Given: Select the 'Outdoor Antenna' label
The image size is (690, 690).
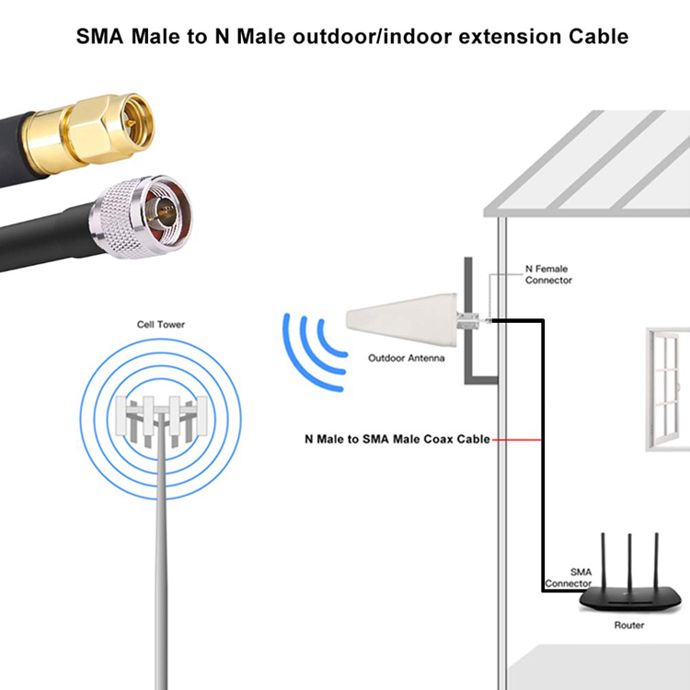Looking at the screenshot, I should [406, 358].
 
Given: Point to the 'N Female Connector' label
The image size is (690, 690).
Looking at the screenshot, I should [547, 275].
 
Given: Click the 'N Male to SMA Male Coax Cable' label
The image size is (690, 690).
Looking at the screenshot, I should [397, 439].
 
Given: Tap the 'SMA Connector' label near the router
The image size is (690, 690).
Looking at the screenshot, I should [568, 578].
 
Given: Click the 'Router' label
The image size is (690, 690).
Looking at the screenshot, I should [629, 626].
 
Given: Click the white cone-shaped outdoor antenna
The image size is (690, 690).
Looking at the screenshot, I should [405, 321].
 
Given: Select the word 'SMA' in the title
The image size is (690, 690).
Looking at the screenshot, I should [101, 38].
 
